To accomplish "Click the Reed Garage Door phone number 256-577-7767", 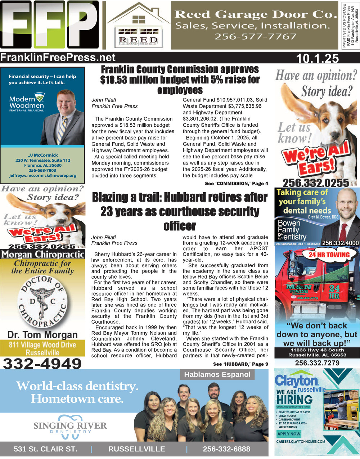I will pyautogui.click(x=255, y=36).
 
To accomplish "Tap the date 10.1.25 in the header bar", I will pyautogui.click(x=317, y=58).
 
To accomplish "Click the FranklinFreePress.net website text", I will pyautogui.click(x=58, y=58).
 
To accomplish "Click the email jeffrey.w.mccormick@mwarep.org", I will pyautogui.click(x=43, y=175).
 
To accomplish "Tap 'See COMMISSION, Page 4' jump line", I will pyautogui.click(x=236, y=184).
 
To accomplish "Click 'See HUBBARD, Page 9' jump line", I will pyautogui.click(x=240, y=364).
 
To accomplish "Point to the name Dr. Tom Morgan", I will pyautogui.click(x=42, y=335).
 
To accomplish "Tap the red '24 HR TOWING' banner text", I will pyautogui.click(x=329, y=255).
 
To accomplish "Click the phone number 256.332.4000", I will pyautogui.click(x=340, y=243).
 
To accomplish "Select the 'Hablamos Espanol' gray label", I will pyautogui.click(x=217, y=374).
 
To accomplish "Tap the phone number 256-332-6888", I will pyautogui.click(x=226, y=449).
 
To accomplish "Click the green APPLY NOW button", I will pyautogui.click(x=289, y=434).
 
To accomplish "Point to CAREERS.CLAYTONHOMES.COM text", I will pyautogui.click(x=301, y=441).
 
